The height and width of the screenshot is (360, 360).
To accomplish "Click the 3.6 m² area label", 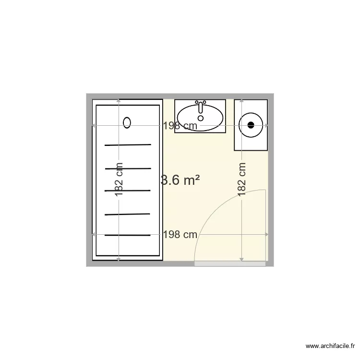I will coord(180,180).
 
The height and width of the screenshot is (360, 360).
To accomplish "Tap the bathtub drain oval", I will coord(127,122).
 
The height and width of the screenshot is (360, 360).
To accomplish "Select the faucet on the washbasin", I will coord(201,106).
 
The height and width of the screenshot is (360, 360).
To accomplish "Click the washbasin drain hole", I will coord(201,118).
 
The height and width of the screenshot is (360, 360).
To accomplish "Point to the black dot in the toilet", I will coord(250,125).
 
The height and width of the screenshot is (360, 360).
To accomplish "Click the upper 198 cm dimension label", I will coord(180,126).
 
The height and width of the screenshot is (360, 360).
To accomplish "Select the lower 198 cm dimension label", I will coord(180,235).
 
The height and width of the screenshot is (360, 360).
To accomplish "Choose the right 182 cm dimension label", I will coord(242,180).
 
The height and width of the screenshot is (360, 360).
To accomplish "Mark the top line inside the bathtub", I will coord(128,144).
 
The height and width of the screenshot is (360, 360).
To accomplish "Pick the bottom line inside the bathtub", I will coord(128,235).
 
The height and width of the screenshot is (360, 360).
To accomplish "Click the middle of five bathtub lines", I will coord(128,191).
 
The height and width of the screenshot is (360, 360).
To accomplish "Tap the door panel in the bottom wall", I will coord(230,264).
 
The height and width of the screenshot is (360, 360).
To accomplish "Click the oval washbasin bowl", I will coord(200,116).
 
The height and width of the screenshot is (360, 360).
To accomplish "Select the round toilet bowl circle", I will coord(250,125).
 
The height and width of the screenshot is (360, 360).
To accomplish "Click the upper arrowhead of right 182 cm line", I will coord(242,101).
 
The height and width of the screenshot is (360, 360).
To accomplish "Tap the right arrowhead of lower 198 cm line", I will coord(267,235).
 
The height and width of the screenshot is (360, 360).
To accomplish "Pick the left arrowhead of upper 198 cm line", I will coord(94,126).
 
